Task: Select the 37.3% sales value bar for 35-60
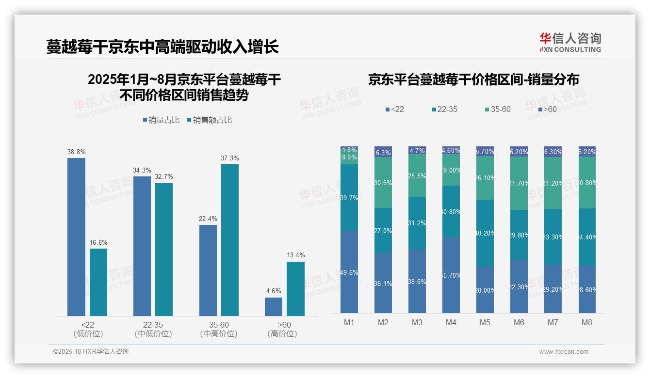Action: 230,240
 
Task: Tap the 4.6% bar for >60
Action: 273,306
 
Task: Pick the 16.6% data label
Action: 98,242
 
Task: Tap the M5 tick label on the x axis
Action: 485,322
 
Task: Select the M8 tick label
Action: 587,322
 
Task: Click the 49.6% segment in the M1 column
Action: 349,272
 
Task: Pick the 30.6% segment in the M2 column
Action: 383,183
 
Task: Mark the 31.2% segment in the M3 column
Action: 417,223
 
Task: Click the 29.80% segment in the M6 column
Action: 519,235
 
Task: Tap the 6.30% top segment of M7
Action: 553,152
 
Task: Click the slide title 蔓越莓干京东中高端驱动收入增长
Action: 162,47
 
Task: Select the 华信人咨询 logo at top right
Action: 570,42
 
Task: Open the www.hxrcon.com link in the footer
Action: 564,352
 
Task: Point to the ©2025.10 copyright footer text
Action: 91,351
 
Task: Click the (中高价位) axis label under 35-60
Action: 219,334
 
